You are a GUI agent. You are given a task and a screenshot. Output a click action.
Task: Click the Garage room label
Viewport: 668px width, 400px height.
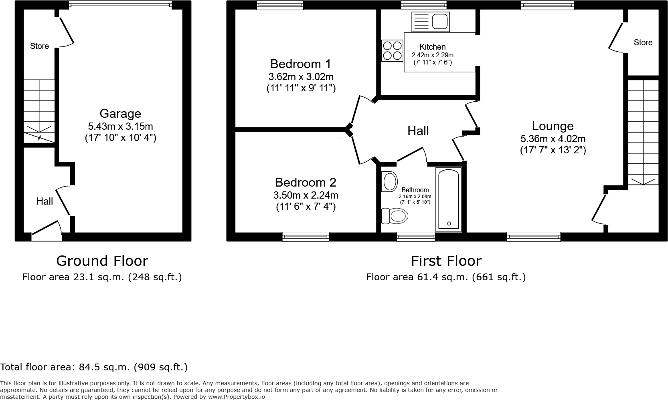pyautogui.click(x=120, y=114)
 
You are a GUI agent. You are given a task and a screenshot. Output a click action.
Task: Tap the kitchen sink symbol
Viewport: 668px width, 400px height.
pyautogui.click(x=430, y=21)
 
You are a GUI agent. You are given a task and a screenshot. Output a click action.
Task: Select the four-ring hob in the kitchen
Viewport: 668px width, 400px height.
pyautogui.click(x=392, y=51)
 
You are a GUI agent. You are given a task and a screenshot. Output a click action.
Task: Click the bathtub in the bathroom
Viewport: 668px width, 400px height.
pyautogui.click(x=449, y=199)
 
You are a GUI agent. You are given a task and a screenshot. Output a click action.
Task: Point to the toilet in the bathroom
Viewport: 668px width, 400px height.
pyautogui.click(x=395, y=216)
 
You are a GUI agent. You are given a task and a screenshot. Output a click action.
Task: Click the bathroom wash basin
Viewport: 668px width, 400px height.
pyautogui.click(x=389, y=182)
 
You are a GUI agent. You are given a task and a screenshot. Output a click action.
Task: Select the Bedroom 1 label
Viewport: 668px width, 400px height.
pyautogui.click(x=301, y=64)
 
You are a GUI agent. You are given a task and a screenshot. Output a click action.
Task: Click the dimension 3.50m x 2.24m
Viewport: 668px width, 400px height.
pyautogui.click(x=306, y=195)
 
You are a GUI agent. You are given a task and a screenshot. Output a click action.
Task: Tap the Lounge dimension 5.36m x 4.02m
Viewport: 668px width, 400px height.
pyautogui.click(x=553, y=139)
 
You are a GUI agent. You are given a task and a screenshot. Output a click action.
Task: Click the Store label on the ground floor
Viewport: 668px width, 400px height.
pyautogui.click(x=39, y=46)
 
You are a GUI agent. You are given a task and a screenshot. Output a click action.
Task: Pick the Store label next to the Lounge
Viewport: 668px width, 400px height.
pyautogui.click(x=643, y=42)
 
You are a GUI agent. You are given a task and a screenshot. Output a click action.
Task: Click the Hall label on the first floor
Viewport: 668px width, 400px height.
pyautogui.click(x=418, y=131)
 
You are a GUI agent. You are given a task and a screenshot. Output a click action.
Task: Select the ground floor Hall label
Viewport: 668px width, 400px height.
pyautogui.click(x=45, y=201)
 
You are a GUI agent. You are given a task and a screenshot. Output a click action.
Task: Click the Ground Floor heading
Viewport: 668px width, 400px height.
pyautogui.click(x=102, y=261)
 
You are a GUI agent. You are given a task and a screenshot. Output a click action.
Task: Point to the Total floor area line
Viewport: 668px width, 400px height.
pyautogui.click(x=94, y=367)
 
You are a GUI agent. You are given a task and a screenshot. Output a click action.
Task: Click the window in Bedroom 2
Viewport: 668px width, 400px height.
pyautogui.click(x=306, y=237)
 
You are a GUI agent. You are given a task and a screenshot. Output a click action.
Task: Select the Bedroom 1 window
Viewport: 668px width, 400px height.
pyautogui.click(x=279, y=5)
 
